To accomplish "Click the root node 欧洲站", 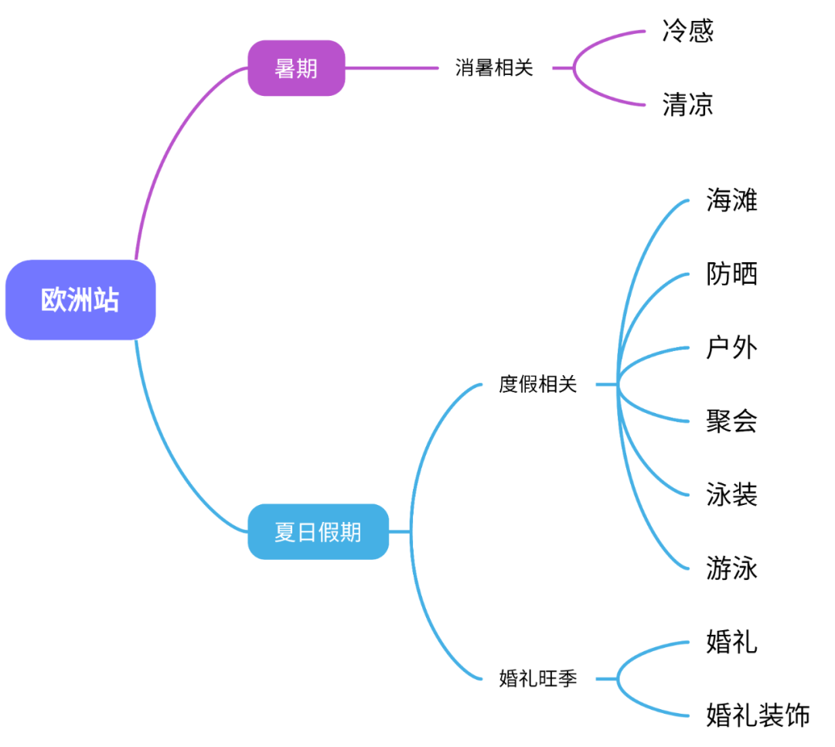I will click(x=80, y=300).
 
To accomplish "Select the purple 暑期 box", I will click(x=296, y=68).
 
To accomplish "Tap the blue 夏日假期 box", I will click(x=318, y=532).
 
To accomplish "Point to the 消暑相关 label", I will click(x=494, y=68).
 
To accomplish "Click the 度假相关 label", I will click(x=537, y=384).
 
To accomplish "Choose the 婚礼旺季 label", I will click(x=537, y=680).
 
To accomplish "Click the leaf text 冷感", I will click(x=687, y=31).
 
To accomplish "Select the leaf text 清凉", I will click(x=687, y=104).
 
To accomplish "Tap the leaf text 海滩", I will click(x=731, y=200).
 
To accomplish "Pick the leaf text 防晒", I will click(x=731, y=274).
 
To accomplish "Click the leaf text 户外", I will click(x=731, y=348).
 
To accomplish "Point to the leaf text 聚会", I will click(x=731, y=421).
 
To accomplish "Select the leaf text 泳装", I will click(x=731, y=495).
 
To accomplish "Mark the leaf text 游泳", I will click(x=731, y=568).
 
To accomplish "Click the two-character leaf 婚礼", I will click(x=731, y=643).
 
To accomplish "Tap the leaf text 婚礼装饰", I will click(x=758, y=716).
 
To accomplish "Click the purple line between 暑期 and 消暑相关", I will click(x=390, y=68).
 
